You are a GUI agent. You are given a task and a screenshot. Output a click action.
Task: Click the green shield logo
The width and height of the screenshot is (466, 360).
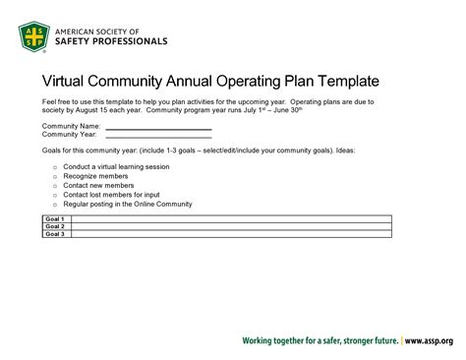point(35,37)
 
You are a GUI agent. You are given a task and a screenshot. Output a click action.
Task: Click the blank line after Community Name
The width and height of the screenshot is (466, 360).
point(158,128)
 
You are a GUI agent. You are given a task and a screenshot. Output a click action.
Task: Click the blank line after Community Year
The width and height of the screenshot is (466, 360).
point(158,136)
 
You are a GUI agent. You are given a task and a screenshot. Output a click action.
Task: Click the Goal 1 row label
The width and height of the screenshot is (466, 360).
point(54,218)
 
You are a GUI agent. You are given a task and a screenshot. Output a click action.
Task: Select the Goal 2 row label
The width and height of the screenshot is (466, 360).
point(54,226)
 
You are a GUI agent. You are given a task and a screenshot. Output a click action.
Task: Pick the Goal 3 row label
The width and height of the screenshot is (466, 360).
point(54,234)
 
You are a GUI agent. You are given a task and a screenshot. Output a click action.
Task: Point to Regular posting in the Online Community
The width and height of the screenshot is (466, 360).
point(128,204)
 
